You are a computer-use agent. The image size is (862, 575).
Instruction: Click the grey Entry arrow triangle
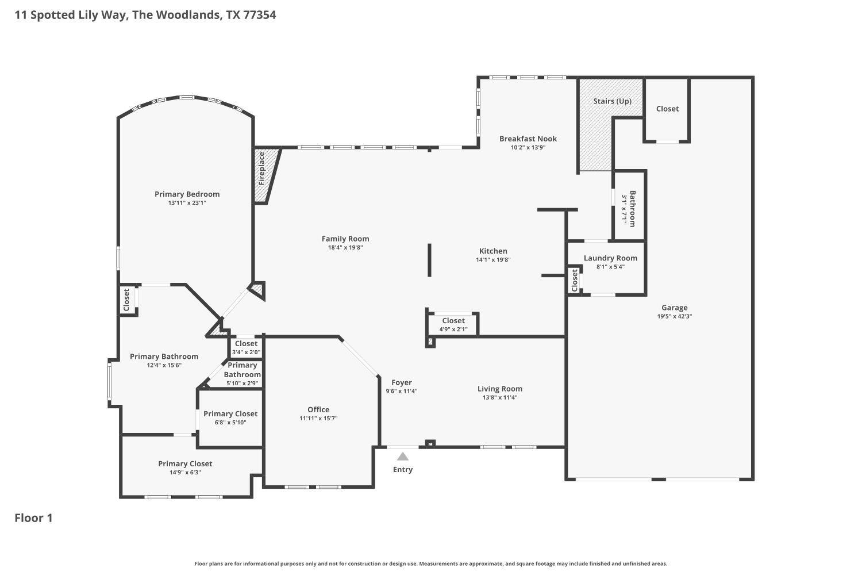(x=402, y=457)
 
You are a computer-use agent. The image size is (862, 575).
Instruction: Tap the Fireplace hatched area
(x=265, y=175)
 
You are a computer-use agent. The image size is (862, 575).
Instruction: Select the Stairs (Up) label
(x=612, y=101)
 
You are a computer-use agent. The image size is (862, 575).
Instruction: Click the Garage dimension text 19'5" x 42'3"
(x=675, y=317)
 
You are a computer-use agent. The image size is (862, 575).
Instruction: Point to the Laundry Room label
(x=610, y=258)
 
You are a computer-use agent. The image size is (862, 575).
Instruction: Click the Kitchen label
(x=493, y=251)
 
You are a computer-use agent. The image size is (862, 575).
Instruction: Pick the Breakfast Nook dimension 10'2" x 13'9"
(x=528, y=148)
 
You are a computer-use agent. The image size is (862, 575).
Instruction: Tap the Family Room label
(x=345, y=239)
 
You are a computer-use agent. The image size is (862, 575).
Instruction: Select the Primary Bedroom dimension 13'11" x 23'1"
(x=187, y=203)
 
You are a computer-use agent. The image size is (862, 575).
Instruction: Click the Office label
(x=318, y=409)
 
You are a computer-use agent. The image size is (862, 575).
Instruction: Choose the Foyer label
(x=401, y=382)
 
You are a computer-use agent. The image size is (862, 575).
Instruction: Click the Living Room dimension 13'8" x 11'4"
(x=500, y=397)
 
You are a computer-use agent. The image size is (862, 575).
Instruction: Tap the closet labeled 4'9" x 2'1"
(x=453, y=324)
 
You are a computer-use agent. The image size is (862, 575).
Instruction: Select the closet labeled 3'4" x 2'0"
(x=246, y=347)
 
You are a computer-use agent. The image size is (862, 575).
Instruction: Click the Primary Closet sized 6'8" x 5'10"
(x=230, y=418)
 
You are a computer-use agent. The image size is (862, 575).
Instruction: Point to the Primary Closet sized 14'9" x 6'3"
(x=185, y=467)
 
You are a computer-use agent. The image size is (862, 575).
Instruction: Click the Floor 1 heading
(x=33, y=518)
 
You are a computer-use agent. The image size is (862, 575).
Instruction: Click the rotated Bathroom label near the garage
(x=632, y=209)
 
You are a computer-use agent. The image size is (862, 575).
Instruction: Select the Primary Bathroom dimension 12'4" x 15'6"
(x=164, y=365)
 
